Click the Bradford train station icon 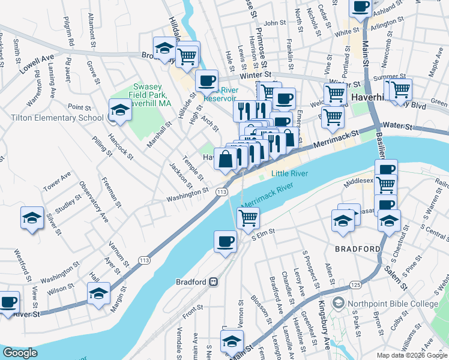click(x=213, y=281)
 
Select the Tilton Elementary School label click(x=56, y=118)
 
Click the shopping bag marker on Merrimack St click(x=226, y=160)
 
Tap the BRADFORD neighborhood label click(x=358, y=249)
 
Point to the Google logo click(x=20, y=353)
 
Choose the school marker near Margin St click(x=98, y=293)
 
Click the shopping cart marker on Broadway click(x=187, y=56)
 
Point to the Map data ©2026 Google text click(x=411, y=355)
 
